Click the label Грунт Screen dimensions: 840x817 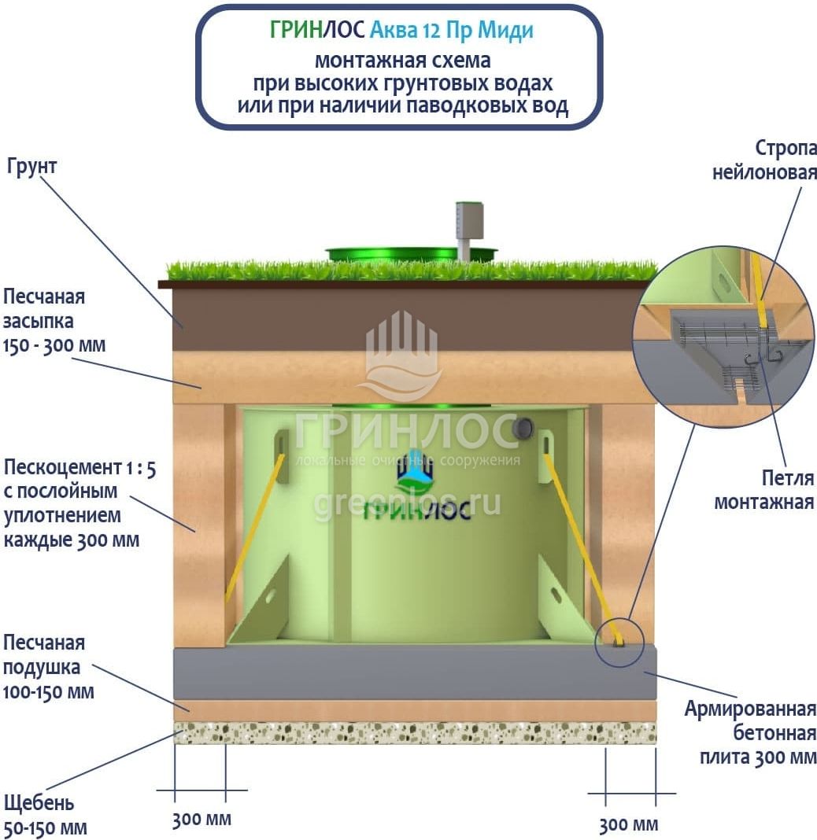[32, 167]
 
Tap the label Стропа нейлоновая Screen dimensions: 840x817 [765, 160]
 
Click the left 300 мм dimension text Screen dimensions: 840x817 [201, 820]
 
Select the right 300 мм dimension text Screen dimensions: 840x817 [628, 824]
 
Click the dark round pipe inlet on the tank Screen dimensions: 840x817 [522, 428]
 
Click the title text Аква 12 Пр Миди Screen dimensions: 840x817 [452, 31]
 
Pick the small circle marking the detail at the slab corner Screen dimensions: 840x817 [619, 641]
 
